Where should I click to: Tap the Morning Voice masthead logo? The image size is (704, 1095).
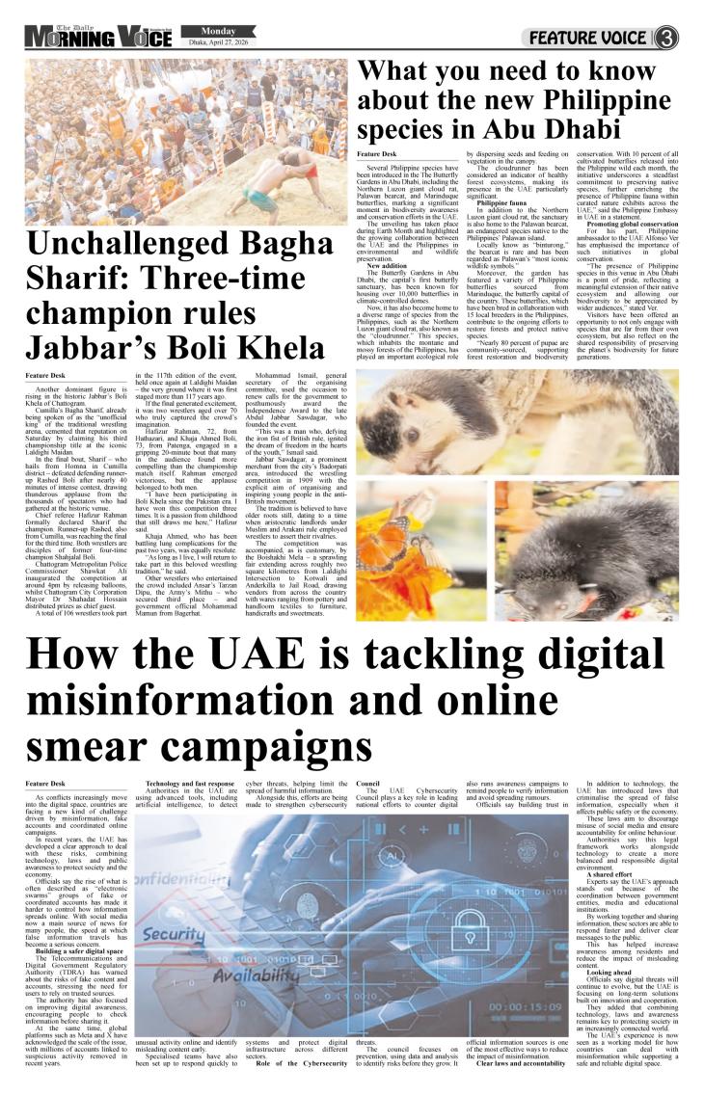95,38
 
